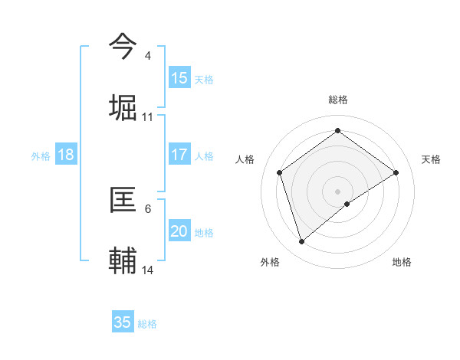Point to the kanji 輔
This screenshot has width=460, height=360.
click(x=123, y=260)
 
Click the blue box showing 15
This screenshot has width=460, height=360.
click(x=179, y=78)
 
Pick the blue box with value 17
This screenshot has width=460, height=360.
click(x=179, y=155)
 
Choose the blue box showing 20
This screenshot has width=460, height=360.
click(x=179, y=231)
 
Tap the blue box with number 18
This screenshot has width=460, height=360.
click(x=66, y=155)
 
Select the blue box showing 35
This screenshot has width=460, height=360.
click(x=123, y=322)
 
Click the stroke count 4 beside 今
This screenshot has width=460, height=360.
click(x=148, y=56)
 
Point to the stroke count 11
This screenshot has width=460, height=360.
click(x=148, y=117)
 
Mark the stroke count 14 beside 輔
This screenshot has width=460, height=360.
click(x=148, y=270)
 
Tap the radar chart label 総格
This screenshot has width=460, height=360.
click(x=338, y=100)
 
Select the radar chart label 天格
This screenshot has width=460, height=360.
click(x=432, y=159)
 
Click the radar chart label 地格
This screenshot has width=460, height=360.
click(x=402, y=262)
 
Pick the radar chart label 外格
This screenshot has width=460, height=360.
click(x=270, y=262)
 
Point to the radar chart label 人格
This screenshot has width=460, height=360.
click(x=245, y=159)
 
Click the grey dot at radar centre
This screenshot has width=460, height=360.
click(x=338, y=191)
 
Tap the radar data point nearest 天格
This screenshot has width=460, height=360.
click(x=396, y=172)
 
